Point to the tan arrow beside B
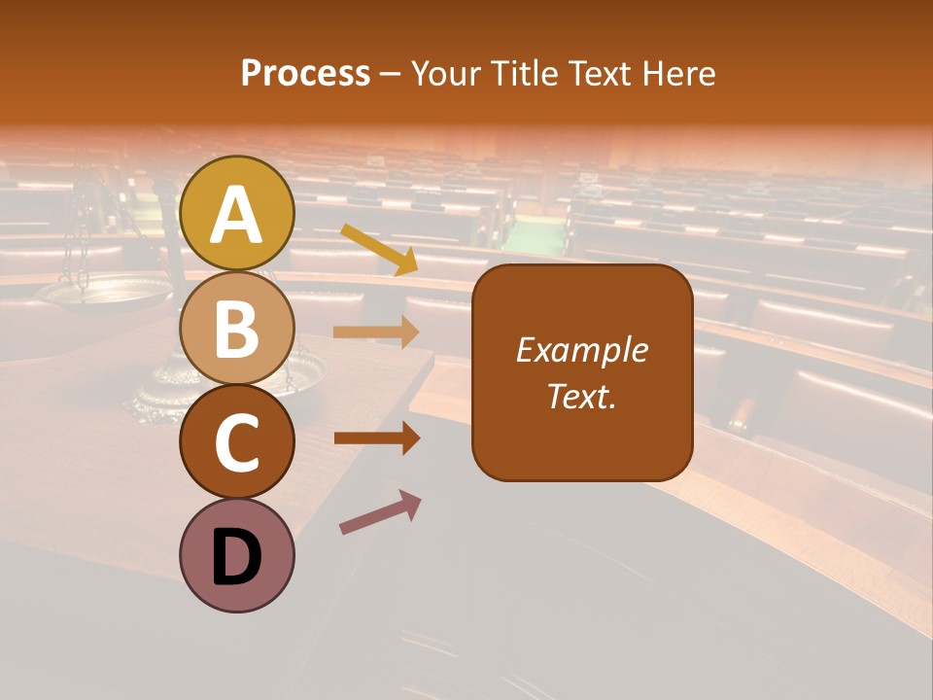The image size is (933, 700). pyautogui.click(x=376, y=332)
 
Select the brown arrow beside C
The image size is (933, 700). pyautogui.click(x=376, y=438)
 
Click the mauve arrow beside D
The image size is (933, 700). pyautogui.click(x=380, y=512)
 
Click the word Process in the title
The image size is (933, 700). pyautogui.click(x=305, y=73)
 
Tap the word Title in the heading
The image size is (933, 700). pyautogui.click(x=521, y=73)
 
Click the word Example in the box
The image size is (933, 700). pyautogui.click(x=581, y=350)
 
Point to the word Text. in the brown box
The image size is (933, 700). pyautogui.click(x=581, y=396)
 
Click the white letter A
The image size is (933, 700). pyautogui.click(x=237, y=216)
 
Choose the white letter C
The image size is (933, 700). pyautogui.click(x=237, y=443)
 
